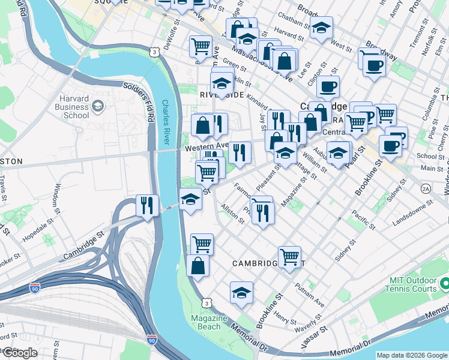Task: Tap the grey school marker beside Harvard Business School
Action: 98,107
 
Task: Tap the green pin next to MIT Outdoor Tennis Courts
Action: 445,283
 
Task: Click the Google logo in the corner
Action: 20,353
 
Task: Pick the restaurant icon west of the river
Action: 147,205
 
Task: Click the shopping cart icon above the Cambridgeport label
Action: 289,256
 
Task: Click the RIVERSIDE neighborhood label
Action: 221,95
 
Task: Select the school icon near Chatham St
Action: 321,28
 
